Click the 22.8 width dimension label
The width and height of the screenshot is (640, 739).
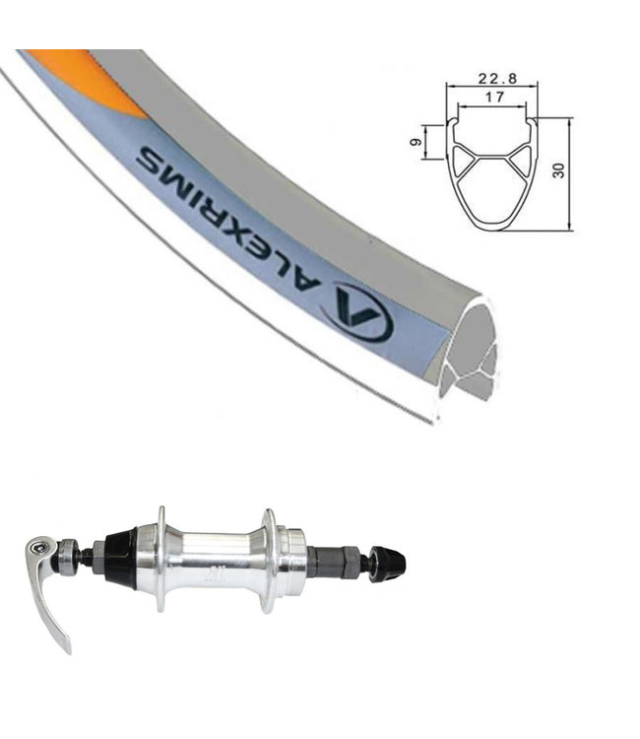pos(490,78)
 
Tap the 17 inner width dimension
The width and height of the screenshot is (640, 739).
pos(493,98)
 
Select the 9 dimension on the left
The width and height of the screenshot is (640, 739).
pos(416,142)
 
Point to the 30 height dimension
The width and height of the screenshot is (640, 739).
pos(558,170)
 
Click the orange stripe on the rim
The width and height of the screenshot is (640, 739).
pos(86,81)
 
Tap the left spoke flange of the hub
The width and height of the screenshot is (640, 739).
pos(161,560)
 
